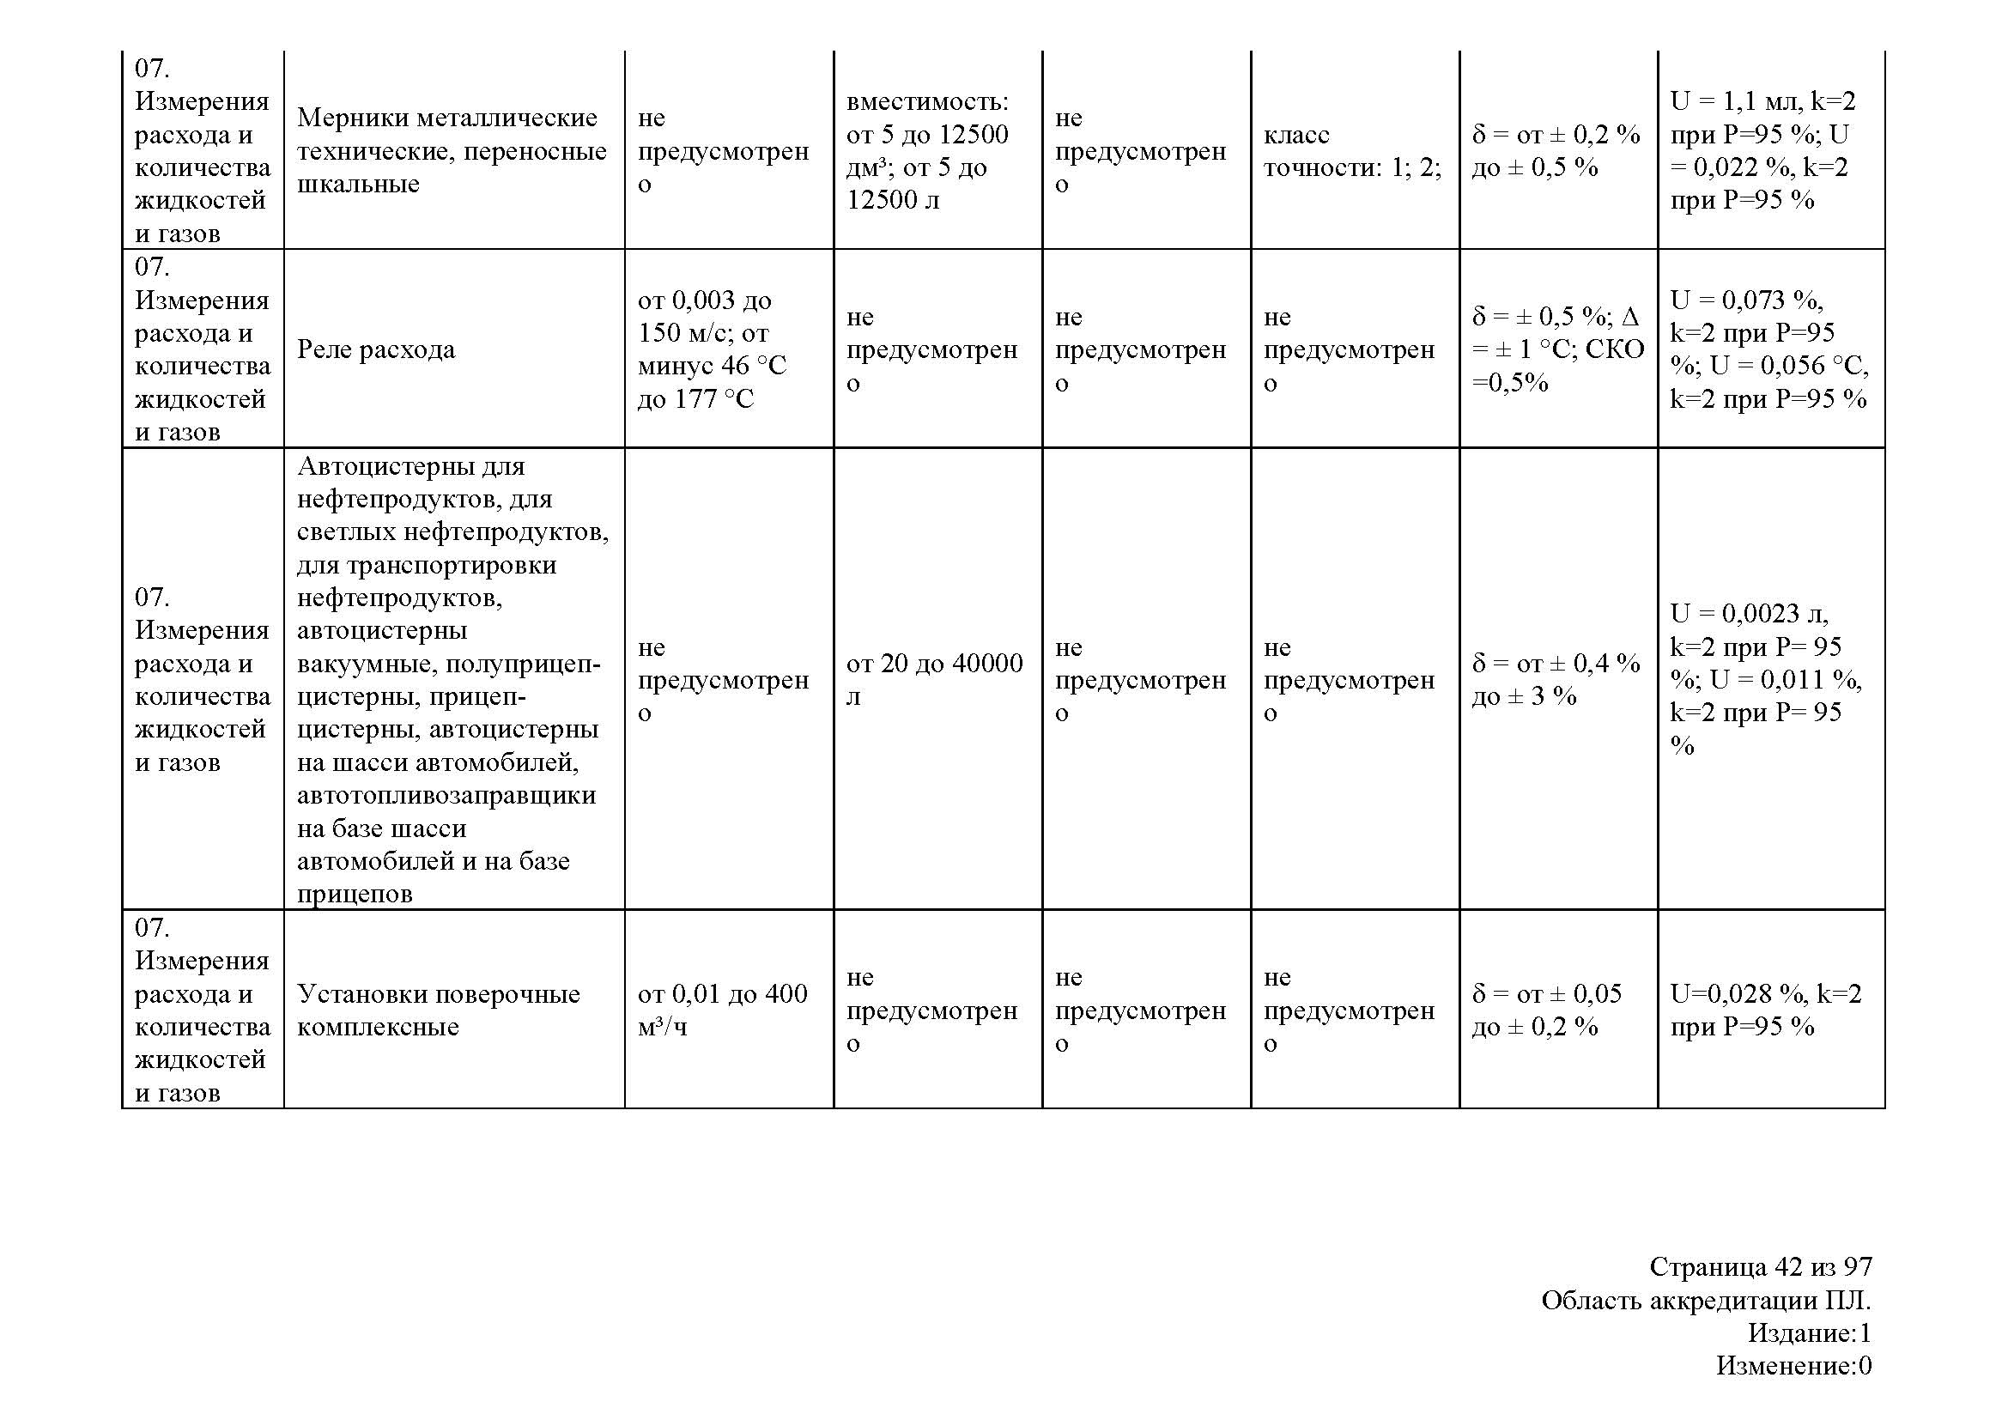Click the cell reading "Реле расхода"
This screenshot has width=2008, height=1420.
coord(376,349)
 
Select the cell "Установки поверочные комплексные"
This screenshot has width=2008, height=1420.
coord(438,1010)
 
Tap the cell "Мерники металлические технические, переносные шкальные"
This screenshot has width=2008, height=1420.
coord(452,150)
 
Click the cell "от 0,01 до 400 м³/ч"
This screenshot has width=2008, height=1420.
coord(722,1010)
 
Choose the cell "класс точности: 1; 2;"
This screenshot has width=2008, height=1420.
coord(1352,150)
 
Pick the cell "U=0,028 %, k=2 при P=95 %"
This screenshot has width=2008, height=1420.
coord(1766,1010)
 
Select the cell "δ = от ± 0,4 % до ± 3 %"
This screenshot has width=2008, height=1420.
coord(1556,679)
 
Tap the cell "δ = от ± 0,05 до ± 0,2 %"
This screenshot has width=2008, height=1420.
coord(1547,1010)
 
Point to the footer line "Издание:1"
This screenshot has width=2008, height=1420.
coord(1809,1332)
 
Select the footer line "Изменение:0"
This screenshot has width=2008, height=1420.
coord(1793,1365)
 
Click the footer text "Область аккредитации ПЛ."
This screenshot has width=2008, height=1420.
coord(1706,1300)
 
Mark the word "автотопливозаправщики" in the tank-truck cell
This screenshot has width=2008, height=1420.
coord(446,796)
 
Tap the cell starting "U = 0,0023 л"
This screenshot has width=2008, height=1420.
coord(1766,679)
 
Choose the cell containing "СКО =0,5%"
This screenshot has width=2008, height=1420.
coord(1557,349)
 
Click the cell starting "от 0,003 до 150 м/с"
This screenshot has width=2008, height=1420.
coord(712,349)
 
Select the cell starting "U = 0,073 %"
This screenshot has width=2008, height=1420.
coord(1768,349)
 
